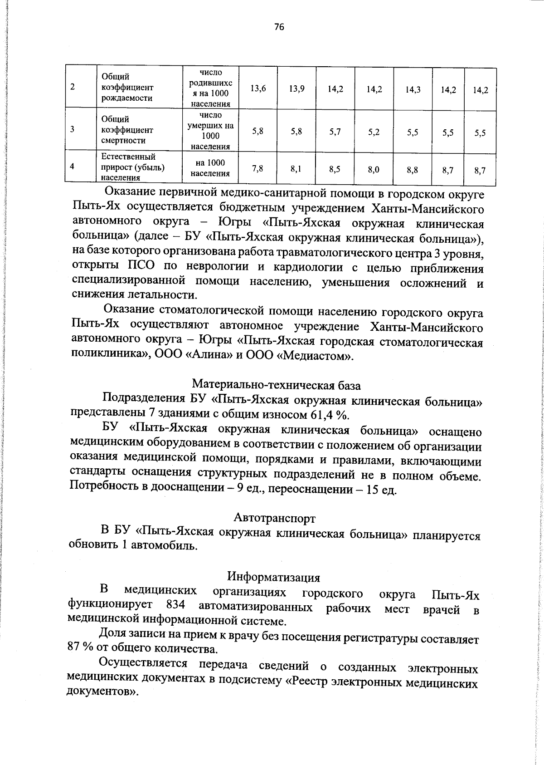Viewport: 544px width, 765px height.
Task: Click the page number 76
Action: click(x=279, y=27)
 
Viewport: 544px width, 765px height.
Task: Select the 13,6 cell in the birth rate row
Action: click(x=258, y=89)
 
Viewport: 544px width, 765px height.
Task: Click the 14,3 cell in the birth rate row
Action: click(x=413, y=90)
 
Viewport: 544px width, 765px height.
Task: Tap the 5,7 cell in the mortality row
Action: click(x=335, y=132)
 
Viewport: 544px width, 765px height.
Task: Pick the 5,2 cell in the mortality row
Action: click(x=374, y=132)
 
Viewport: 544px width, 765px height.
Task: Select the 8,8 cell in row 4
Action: click(x=413, y=170)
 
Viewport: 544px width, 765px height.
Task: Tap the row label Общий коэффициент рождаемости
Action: click(x=127, y=87)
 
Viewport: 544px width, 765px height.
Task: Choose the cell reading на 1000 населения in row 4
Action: click(x=210, y=168)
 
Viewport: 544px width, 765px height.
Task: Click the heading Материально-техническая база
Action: click(x=277, y=386)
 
